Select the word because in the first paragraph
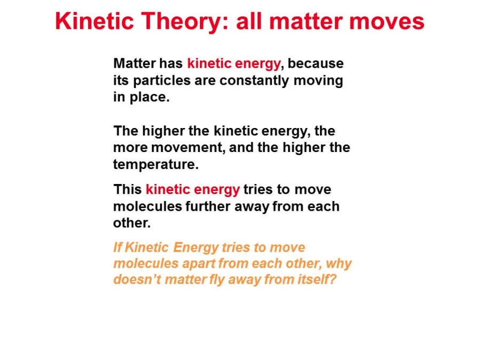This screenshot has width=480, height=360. pyautogui.click(x=316, y=63)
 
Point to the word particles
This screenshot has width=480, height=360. pyautogui.click(x=161, y=81)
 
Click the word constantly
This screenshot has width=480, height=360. pyautogui.click(x=254, y=81)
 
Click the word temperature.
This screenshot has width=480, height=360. pyautogui.click(x=156, y=165)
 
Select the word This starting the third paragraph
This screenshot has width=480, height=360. pyautogui.click(x=127, y=189)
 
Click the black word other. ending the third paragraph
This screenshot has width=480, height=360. pyautogui.click(x=132, y=223)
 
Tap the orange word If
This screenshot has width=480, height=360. pyautogui.click(x=117, y=247)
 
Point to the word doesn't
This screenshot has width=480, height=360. pyautogui.click(x=137, y=279)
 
